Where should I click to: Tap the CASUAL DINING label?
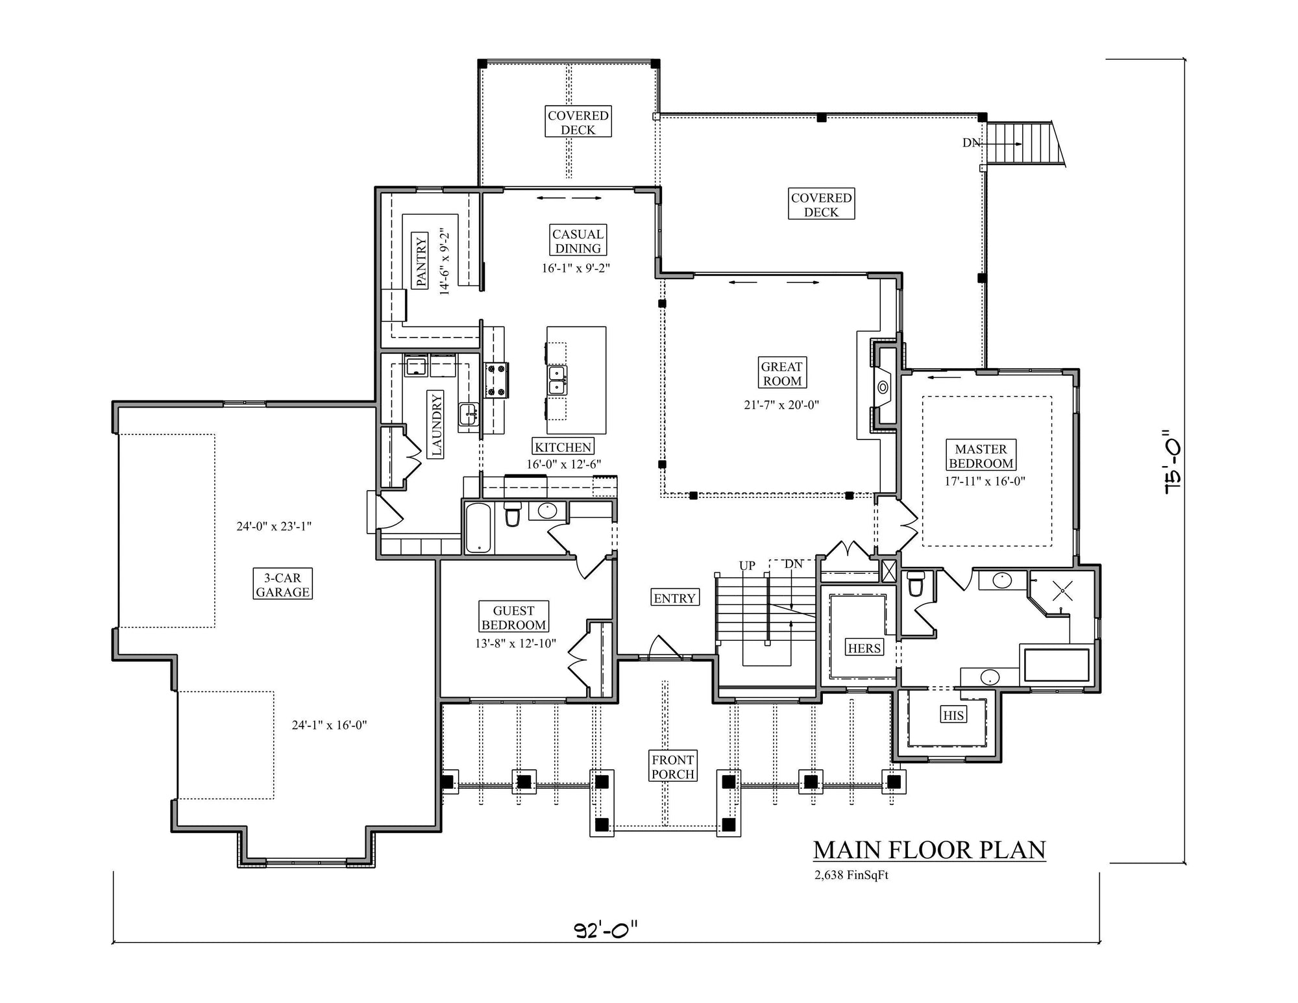click(x=578, y=241)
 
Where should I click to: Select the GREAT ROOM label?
click(x=782, y=373)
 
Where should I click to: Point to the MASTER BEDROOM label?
click(x=981, y=456)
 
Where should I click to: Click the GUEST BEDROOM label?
click(x=513, y=617)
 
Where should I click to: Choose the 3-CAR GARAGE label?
click(x=282, y=584)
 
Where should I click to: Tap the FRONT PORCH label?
click(x=673, y=767)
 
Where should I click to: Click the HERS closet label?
click(x=864, y=648)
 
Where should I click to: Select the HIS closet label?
click(x=953, y=715)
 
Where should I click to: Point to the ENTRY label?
click(x=675, y=598)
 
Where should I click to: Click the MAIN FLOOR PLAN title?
click(x=929, y=850)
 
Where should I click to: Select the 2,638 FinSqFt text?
click(x=851, y=875)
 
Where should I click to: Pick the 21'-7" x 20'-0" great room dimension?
click(x=781, y=405)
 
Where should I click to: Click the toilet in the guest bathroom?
click(x=513, y=514)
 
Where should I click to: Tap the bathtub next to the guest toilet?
click(x=478, y=527)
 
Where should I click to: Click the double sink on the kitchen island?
click(x=556, y=380)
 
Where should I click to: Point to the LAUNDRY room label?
click(x=435, y=425)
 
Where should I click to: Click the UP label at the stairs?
click(x=747, y=565)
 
